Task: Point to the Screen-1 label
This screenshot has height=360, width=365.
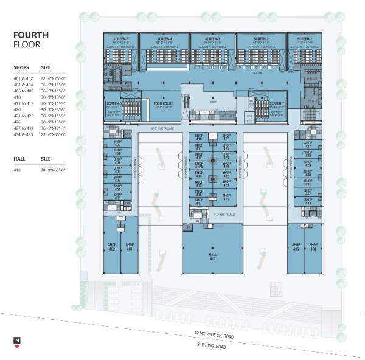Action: click(301, 39)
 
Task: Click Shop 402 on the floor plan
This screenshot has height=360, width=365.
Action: click(112, 249)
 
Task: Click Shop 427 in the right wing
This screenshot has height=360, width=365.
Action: click(308, 145)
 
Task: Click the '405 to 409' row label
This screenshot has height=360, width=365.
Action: click(24, 91)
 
